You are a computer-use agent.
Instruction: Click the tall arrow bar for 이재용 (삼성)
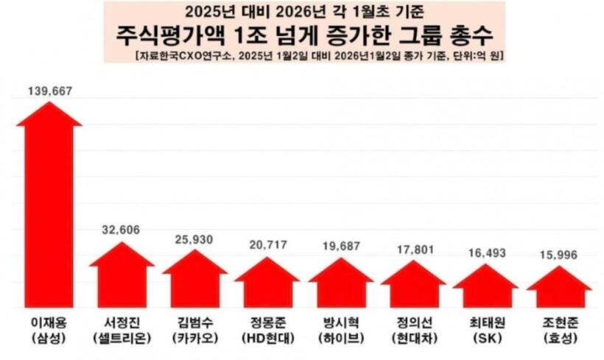pos(49,213)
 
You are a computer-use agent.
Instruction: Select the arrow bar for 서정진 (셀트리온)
pos(122,276)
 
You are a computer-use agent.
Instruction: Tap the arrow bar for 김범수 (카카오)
pos(194,280)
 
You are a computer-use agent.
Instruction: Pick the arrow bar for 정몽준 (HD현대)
pos(267,284)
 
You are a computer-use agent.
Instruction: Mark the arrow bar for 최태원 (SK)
pos(485,288)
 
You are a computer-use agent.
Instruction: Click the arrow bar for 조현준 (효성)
pos(559,289)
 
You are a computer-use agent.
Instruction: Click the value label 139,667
pos(49,91)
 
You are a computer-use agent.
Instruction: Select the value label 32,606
pos(122,229)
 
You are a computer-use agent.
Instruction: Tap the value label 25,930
pos(194,239)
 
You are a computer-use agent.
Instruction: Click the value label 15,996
pos(559,255)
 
